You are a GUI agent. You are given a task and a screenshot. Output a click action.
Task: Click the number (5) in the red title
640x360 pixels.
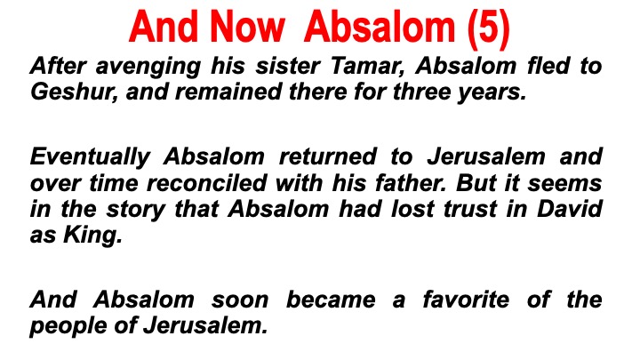(489, 28)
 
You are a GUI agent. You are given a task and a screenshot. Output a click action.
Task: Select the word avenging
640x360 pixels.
(148, 67)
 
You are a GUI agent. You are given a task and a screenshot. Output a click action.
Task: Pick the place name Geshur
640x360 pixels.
(75, 91)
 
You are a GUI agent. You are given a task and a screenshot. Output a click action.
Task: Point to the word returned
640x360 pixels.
(327, 156)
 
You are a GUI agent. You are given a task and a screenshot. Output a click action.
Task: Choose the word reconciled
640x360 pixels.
(206, 182)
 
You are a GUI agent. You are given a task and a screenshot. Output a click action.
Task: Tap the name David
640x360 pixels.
(570, 208)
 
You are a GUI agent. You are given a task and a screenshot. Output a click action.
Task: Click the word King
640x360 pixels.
(92, 236)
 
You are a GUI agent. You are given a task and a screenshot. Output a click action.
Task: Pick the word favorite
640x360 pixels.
(466, 300)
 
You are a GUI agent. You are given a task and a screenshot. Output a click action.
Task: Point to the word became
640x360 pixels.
(331, 300)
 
